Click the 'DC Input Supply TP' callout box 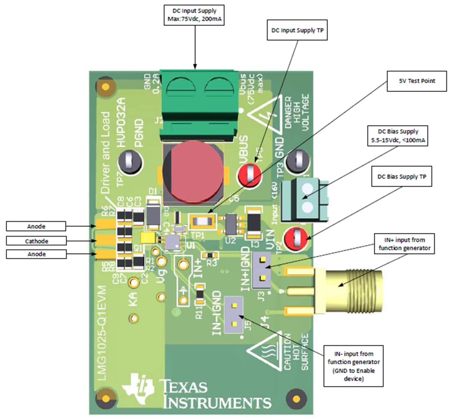click(297, 31)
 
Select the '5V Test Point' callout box click(417, 81)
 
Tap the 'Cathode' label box click(36, 240)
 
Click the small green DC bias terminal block click(308, 199)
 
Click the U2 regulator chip click(232, 224)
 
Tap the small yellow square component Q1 click(147, 237)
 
